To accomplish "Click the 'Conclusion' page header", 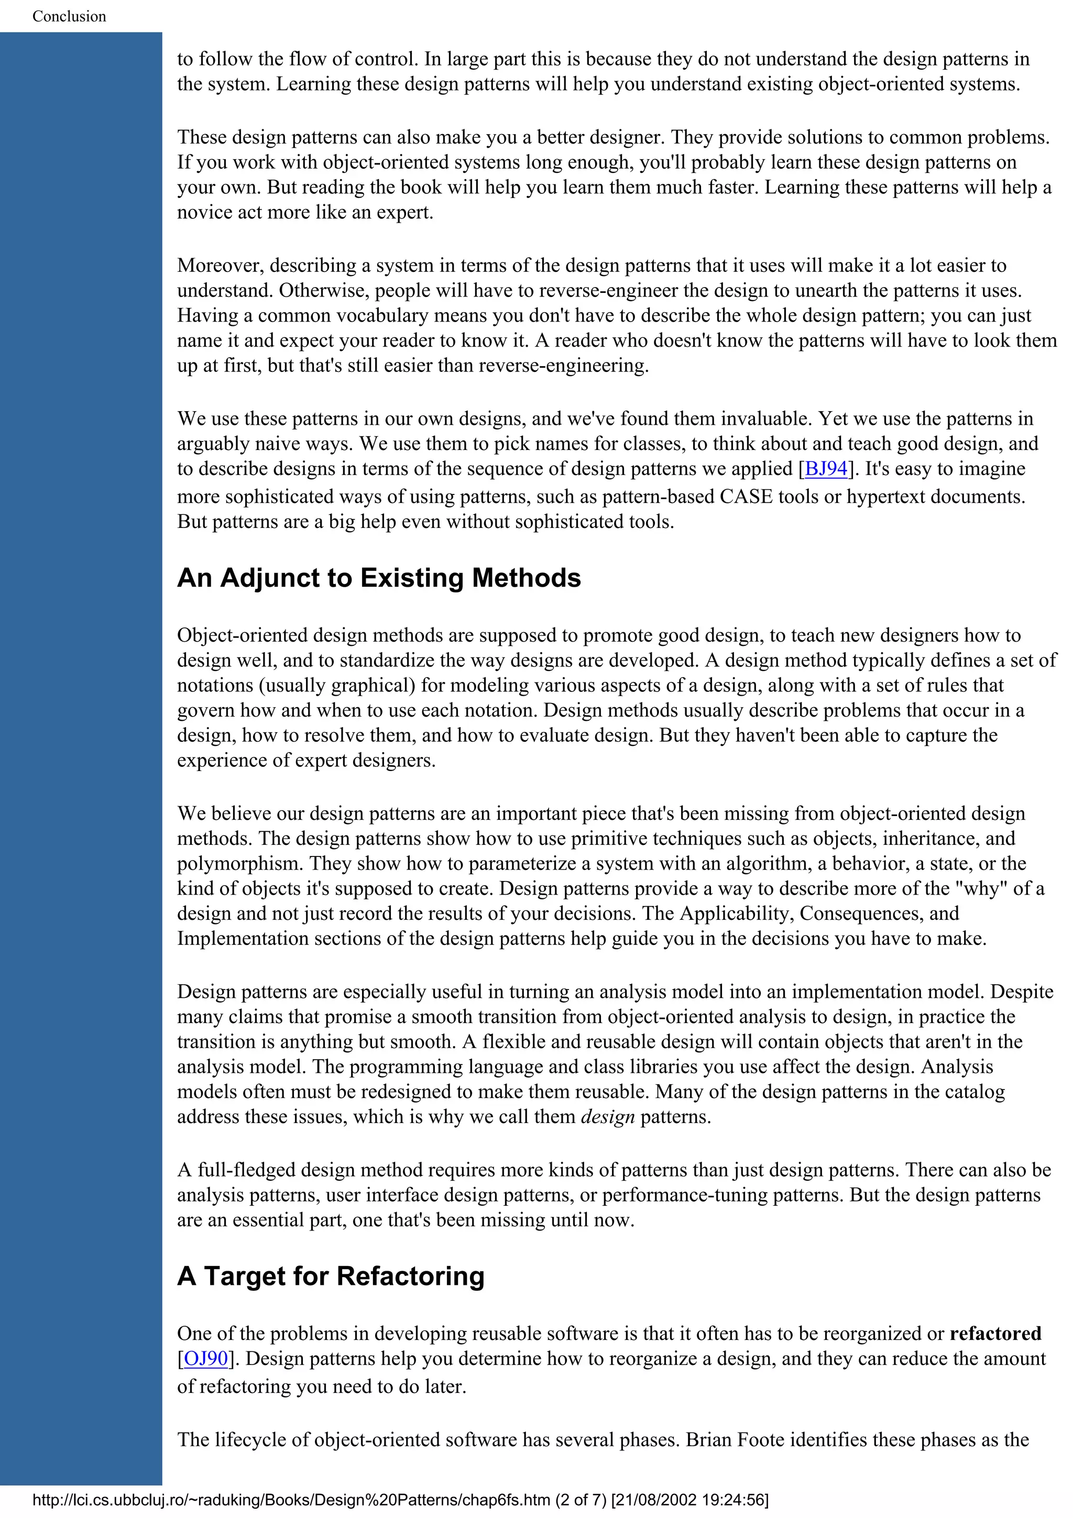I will [x=69, y=16].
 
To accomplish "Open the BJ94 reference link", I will [x=826, y=468].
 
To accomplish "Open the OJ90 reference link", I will [x=205, y=1358].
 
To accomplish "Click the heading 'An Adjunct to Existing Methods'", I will [x=379, y=578].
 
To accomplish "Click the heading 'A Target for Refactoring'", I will [x=331, y=1276].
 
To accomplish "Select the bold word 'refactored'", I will [x=995, y=1333].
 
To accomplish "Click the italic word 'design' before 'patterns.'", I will [x=608, y=1116].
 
